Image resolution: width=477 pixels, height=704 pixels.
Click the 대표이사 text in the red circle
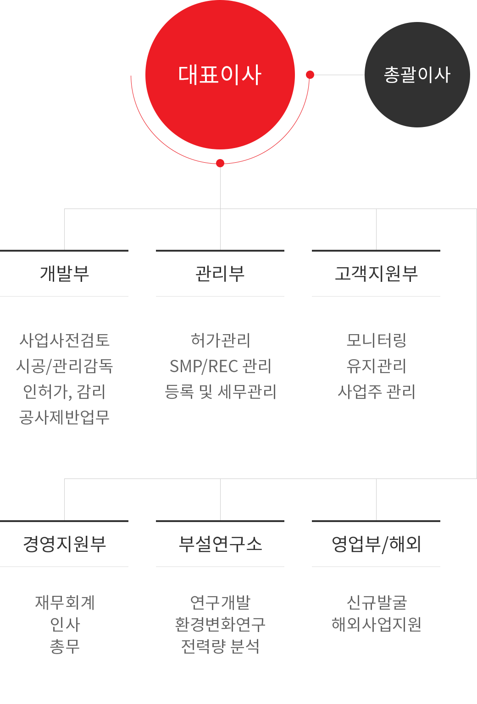[220, 75]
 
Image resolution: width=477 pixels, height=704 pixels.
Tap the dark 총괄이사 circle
[417, 75]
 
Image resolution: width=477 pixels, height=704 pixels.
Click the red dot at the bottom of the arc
[220, 163]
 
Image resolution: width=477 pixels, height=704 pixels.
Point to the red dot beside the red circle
[310, 75]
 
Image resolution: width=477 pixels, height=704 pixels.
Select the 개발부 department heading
[65, 274]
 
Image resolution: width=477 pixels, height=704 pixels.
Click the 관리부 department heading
[220, 274]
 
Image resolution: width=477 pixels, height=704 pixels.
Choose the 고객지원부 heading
[376, 274]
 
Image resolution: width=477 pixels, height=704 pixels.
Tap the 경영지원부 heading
[65, 544]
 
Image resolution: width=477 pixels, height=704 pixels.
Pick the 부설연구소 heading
[220, 544]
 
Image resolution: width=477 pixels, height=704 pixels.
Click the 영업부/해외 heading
[376, 544]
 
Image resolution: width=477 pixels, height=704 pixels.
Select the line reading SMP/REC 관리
[220, 366]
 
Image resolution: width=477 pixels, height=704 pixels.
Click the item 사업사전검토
[65, 340]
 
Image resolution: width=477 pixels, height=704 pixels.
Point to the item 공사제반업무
[65, 418]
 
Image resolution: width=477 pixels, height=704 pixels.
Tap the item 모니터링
[376, 340]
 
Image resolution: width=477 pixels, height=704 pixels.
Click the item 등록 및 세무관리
[220, 391]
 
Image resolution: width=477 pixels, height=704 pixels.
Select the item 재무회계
[65, 603]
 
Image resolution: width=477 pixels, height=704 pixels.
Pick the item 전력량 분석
[220, 647]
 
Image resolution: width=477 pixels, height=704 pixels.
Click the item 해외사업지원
[376, 624]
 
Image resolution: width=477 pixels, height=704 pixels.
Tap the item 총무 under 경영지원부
[65, 647]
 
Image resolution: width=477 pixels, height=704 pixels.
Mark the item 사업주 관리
[376, 391]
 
